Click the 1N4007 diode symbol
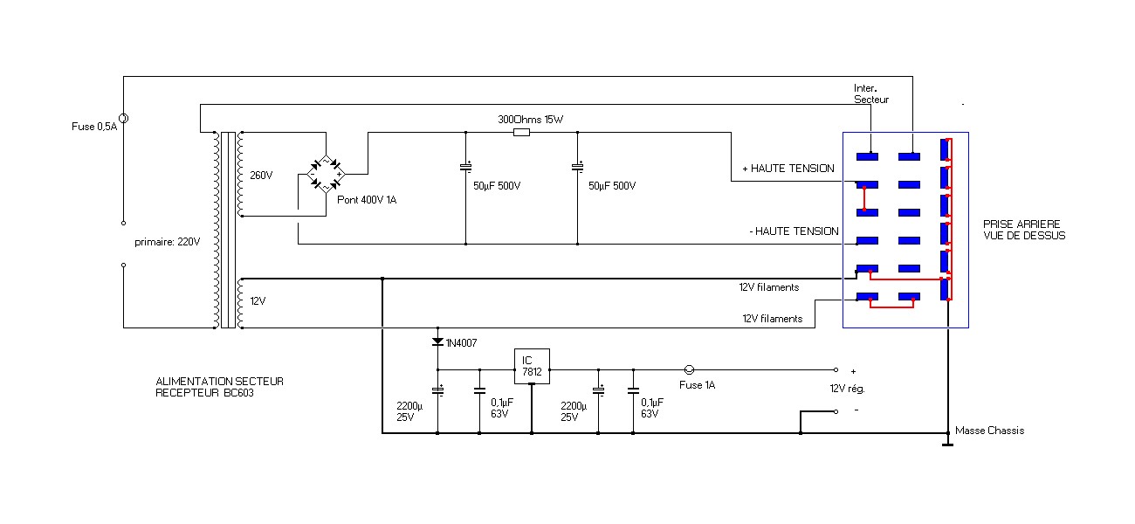point(437,341)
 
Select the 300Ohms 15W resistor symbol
point(521,133)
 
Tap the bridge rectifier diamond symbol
point(326,175)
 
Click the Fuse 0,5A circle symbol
point(123,118)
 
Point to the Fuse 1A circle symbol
point(688,369)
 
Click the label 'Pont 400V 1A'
point(366,200)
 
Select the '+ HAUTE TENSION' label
point(788,169)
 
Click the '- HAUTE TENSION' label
point(794,231)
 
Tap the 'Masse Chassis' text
point(989,431)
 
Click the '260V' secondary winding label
point(260,175)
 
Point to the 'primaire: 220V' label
point(167,242)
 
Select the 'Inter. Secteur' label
point(871,94)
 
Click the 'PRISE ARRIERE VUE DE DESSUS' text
point(1023,230)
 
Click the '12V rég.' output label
point(847,388)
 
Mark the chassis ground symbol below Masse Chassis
point(947,444)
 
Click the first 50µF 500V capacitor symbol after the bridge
point(465,167)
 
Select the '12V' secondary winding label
point(258,300)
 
